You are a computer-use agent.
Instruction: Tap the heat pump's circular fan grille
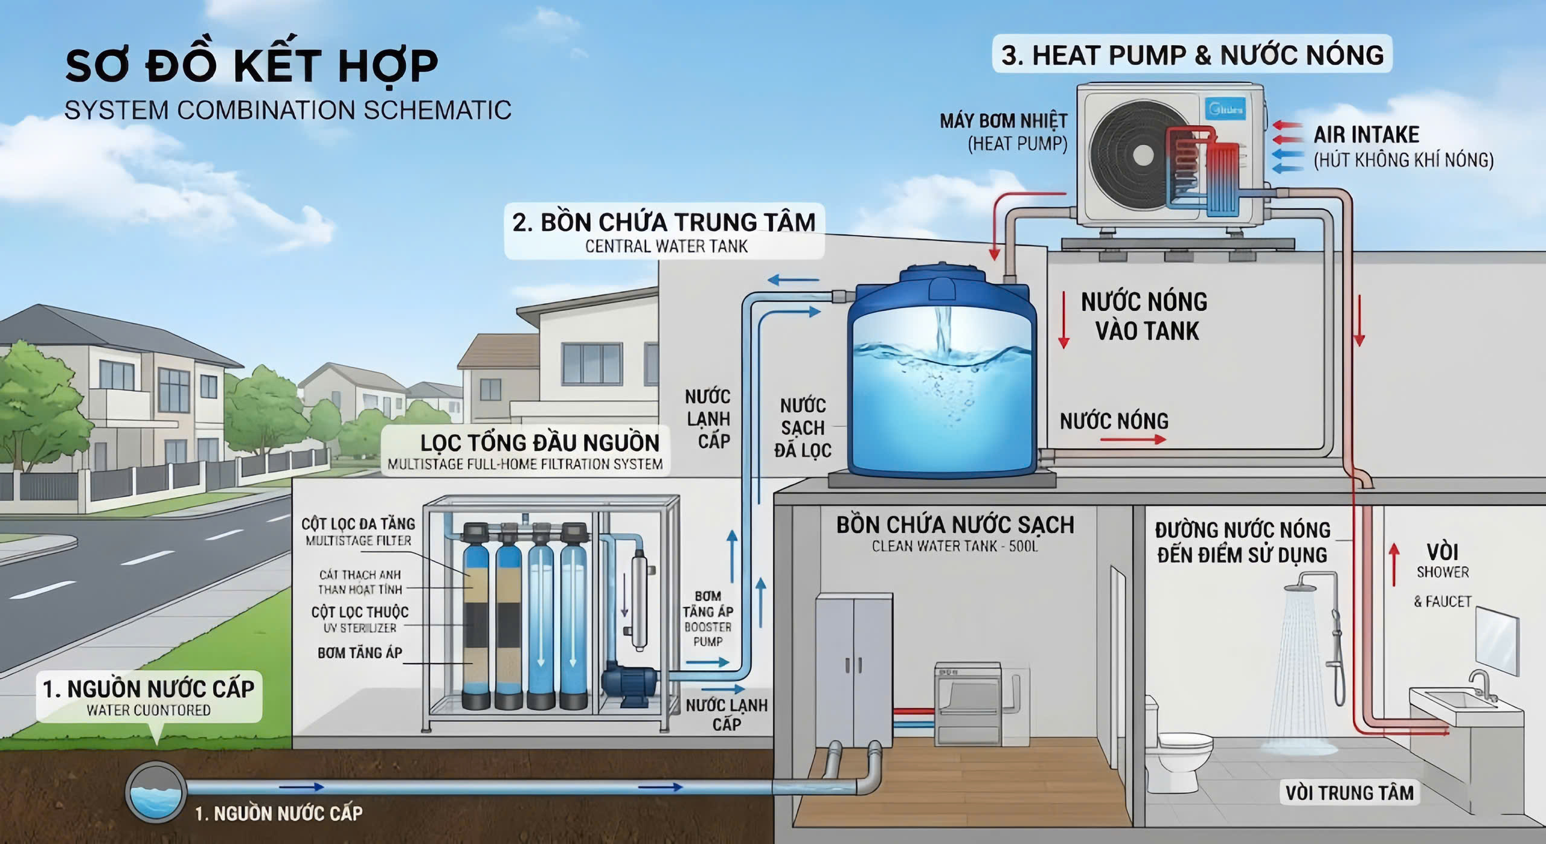[1141, 155]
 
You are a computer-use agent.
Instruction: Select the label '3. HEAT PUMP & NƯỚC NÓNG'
[1193, 56]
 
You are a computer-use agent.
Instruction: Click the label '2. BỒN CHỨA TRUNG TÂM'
[664, 222]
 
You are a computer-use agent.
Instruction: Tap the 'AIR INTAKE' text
[1366, 134]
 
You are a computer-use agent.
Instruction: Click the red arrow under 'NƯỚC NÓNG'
[1132, 440]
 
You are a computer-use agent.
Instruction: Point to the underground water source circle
[155, 791]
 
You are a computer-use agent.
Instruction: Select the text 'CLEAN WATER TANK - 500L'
[955, 546]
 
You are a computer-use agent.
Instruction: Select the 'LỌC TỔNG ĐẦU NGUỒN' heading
[540, 443]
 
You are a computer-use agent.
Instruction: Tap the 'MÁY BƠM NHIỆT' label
[1004, 121]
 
